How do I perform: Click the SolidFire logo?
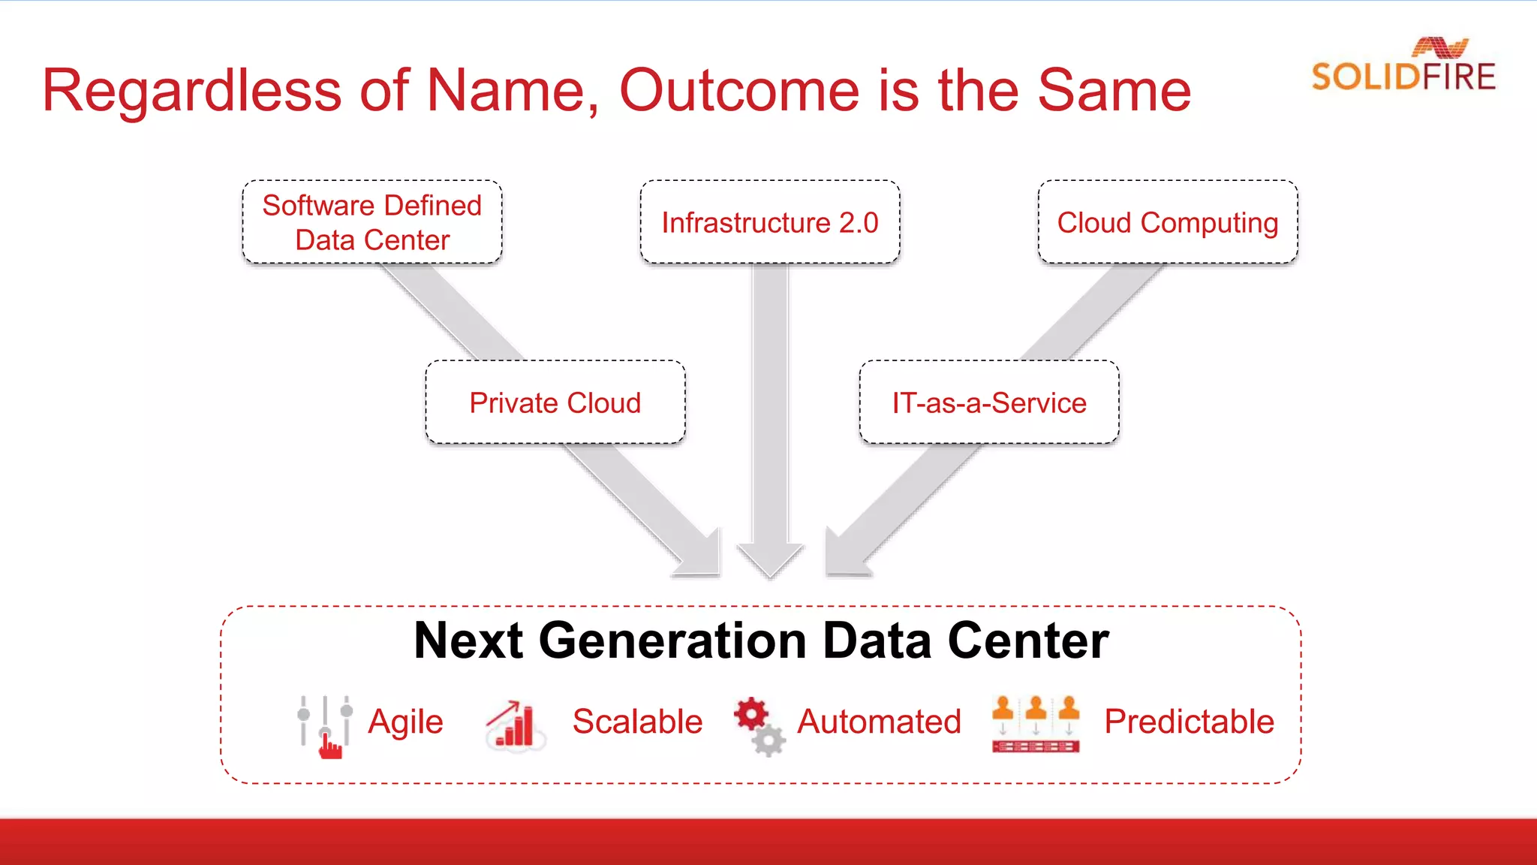pos(1403,66)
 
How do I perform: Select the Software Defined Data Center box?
pos(372,222)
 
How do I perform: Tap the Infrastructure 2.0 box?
pos(770,222)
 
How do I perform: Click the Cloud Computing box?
pos(1168,222)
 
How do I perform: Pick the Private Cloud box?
pos(555,402)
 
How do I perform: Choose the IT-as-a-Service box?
pos(989,402)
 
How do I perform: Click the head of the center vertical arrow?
pos(770,559)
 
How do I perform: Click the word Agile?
pos(405,722)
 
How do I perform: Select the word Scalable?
pos(637,722)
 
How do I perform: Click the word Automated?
pos(879,722)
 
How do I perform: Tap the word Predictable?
pos(1189,722)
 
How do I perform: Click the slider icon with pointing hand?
pos(325,726)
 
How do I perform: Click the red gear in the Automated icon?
pos(751,713)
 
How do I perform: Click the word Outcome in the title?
pos(739,90)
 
